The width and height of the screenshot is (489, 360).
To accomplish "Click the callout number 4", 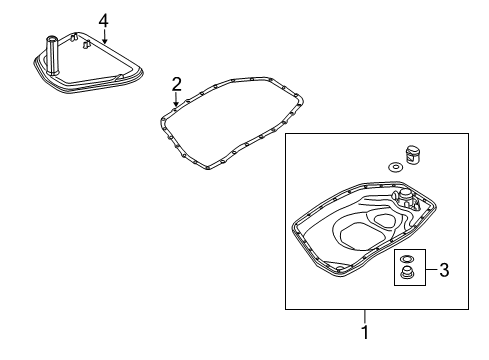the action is [104, 21].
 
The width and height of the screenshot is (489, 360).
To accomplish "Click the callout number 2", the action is [176, 84].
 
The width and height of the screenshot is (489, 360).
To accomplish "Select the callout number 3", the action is [444, 270].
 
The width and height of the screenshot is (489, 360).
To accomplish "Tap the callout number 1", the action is [365, 332].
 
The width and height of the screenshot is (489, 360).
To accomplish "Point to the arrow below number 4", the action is [105, 37].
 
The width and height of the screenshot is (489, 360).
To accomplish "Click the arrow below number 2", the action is [176, 100].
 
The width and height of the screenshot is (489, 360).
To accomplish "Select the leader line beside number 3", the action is [431, 269].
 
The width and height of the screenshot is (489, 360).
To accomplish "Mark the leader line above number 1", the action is [365, 316].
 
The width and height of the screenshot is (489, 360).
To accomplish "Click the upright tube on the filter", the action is [52, 54].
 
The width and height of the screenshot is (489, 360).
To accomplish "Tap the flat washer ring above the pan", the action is [396, 166].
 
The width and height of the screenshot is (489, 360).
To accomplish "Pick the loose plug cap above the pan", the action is [413, 154].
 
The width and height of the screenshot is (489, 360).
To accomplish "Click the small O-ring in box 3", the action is [406, 258].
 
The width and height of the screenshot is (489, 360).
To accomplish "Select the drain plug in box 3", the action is [406, 272].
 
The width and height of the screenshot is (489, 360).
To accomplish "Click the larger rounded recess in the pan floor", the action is [360, 237].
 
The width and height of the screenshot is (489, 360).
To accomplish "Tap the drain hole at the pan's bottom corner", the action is [340, 269].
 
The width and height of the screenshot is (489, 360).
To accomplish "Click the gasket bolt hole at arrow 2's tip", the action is [175, 108].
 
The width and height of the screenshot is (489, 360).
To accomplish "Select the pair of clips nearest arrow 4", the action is [87, 44].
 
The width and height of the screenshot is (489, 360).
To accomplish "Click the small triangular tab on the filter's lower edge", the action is [120, 78].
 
